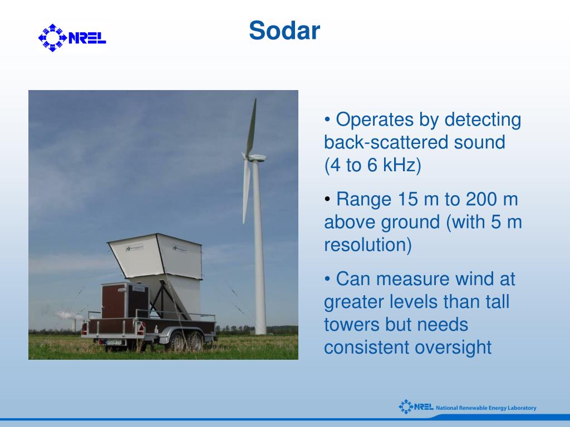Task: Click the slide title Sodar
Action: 284,31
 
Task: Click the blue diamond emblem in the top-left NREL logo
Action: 53,38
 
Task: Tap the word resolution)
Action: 368,245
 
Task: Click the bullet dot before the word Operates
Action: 327,120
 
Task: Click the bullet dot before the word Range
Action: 327,199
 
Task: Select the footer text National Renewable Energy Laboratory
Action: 486,408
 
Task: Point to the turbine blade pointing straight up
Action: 251,127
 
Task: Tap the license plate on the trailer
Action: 114,342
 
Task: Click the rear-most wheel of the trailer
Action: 195,341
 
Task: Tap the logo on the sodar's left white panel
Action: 134,249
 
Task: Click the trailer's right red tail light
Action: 140,329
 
